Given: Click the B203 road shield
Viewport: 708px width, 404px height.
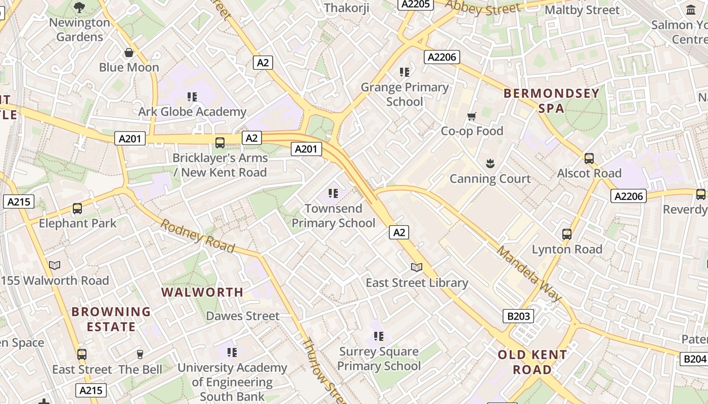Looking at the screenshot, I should tap(518, 317).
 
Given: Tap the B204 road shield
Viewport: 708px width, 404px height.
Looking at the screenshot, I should tap(694, 359).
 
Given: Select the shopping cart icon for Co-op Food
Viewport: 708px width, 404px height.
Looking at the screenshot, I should tap(472, 117).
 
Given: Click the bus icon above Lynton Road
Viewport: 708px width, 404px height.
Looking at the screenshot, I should tap(567, 234).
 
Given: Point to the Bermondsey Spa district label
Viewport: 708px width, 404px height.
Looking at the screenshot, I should tap(552, 100).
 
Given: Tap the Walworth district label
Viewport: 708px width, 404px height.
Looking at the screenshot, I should tap(202, 292).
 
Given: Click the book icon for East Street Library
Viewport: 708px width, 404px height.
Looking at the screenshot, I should tap(417, 267).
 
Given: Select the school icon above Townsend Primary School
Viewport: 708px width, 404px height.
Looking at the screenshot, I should tap(333, 193).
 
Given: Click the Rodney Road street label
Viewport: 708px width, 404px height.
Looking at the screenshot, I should tap(198, 235).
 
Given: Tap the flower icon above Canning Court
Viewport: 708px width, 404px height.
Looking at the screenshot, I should tap(490, 164).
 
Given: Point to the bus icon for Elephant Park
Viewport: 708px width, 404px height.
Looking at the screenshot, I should tap(77, 208).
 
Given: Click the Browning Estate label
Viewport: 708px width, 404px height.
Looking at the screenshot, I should tap(111, 319).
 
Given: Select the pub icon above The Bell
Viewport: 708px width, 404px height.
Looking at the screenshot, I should tap(140, 355).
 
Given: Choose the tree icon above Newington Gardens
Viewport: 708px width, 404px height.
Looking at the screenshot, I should tap(79, 7).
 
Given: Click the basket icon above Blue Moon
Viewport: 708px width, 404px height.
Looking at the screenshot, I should tap(129, 53).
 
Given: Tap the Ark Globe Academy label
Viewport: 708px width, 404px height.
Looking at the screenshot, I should tap(192, 112).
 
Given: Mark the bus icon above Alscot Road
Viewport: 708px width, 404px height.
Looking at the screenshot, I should tap(589, 158).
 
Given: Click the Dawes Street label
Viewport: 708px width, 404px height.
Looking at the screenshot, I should tap(243, 316).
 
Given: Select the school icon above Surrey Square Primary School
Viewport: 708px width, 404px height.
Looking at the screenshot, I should tap(379, 336).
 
